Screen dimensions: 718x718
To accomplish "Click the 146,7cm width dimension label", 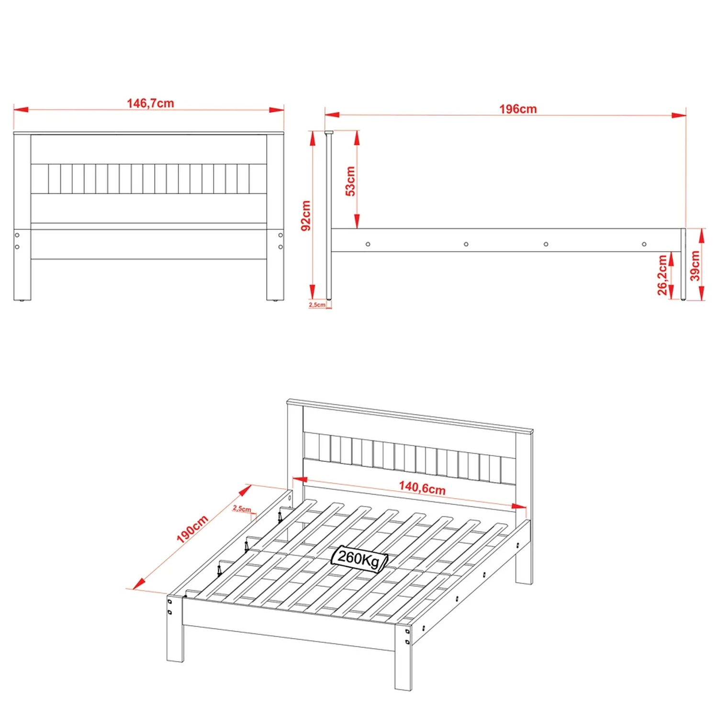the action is click(x=150, y=103).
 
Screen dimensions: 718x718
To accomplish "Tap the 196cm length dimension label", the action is click(x=518, y=109).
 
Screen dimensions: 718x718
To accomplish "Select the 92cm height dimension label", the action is click(x=306, y=215).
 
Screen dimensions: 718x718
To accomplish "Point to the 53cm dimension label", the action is click(x=350, y=181).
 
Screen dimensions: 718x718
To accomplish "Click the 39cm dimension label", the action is click(x=695, y=265).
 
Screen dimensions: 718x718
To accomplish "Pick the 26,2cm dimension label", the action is click(x=662, y=275).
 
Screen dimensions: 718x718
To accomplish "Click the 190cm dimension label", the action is click(x=192, y=529).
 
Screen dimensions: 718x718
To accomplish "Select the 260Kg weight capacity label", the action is click(x=359, y=558).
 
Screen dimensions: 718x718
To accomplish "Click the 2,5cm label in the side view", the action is click(x=317, y=304).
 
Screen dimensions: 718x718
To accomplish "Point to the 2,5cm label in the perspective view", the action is click(x=242, y=508).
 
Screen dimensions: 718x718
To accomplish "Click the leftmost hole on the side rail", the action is click(x=368, y=244).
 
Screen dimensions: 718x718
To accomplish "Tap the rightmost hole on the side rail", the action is click(x=644, y=244).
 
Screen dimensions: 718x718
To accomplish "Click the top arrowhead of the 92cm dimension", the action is click(x=313, y=138).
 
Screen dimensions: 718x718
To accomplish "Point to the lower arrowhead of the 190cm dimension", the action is click(x=139, y=583).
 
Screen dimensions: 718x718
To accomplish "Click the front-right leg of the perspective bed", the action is click(x=403, y=656).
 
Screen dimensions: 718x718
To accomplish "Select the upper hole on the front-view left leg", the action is click(x=17, y=235).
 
